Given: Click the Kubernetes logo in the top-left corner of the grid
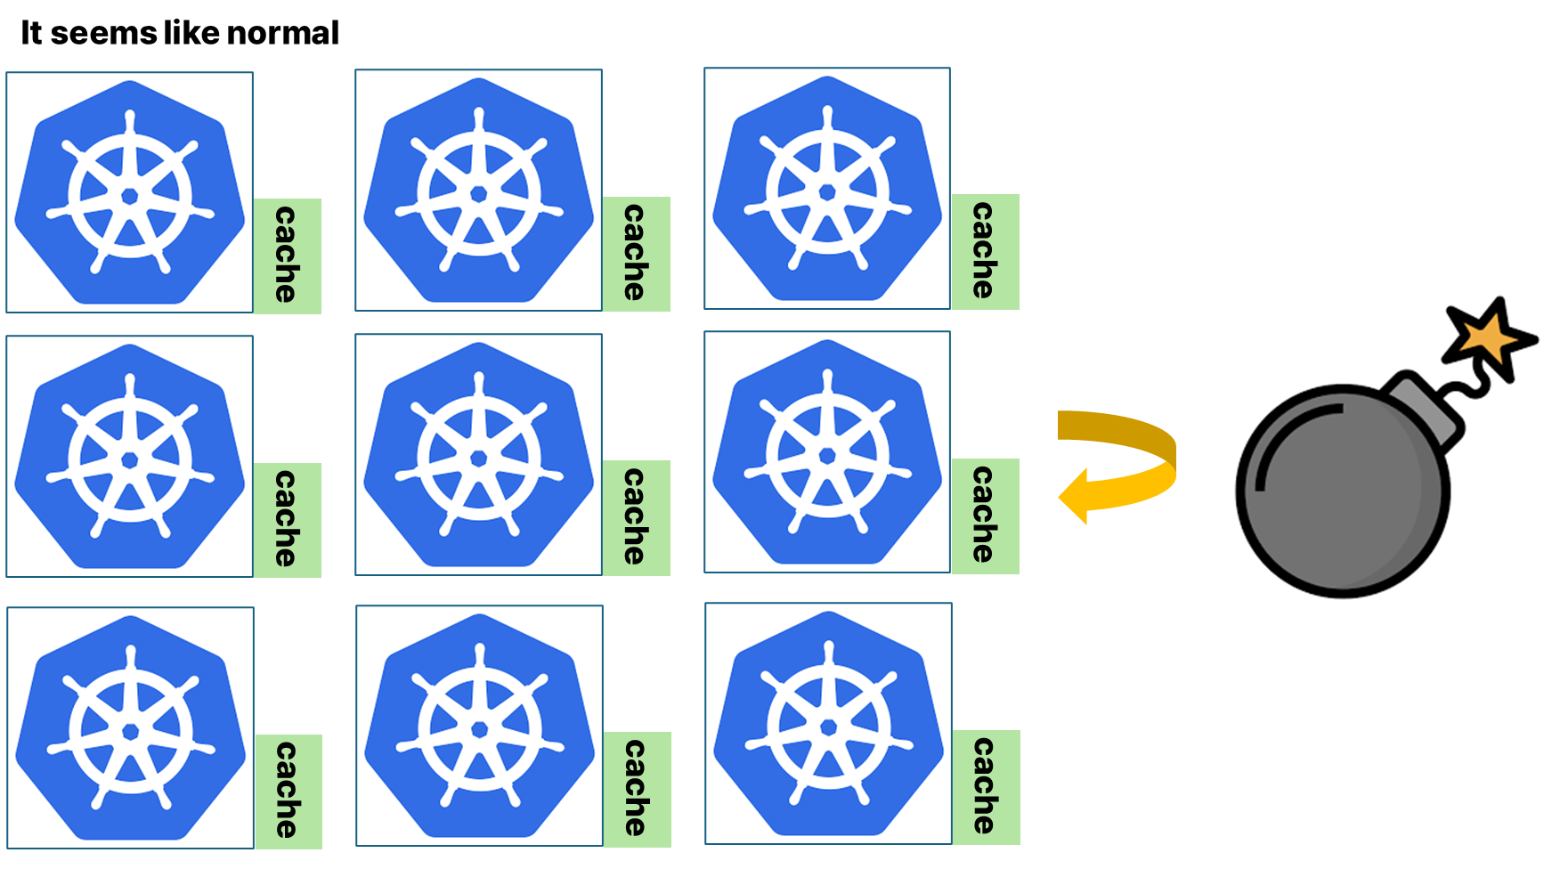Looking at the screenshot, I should (130, 192).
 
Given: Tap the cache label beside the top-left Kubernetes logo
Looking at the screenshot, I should (287, 256).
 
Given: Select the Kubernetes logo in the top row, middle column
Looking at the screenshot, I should (479, 191).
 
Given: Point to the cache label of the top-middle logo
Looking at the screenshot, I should (636, 254).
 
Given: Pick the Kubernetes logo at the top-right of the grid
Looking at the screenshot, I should (827, 189).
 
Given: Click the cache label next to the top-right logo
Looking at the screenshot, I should (985, 252).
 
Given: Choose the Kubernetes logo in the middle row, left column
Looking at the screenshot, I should (130, 456).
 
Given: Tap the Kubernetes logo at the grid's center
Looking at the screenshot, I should (479, 455).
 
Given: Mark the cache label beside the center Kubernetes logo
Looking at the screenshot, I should (636, 517).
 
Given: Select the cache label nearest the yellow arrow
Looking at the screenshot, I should (985, 516).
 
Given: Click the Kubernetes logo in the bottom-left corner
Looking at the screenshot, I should (131, 727).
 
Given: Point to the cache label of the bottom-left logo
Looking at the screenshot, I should (288, 791).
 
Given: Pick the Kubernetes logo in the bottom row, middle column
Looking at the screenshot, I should (480, 726).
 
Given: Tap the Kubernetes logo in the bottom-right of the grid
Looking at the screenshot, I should (828, 724).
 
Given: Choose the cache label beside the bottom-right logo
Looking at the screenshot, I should (986, 787).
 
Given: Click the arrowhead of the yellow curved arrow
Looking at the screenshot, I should (1074, 496).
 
